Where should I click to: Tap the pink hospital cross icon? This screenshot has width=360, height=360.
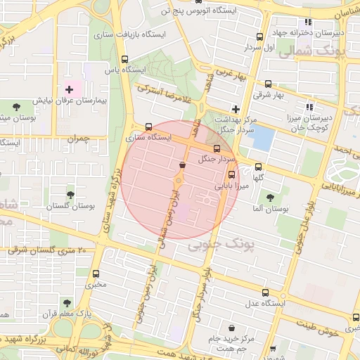(x=69, y=89)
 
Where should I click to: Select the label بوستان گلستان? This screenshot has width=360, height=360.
(x=70, y=207)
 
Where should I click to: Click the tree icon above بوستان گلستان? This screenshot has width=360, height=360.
(x=70, y=194)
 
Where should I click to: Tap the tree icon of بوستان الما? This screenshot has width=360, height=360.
(x=270, y=198)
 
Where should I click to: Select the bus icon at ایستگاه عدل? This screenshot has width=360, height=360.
(x=264, y=292)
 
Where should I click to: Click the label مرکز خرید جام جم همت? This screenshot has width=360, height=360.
(x=231, y=344)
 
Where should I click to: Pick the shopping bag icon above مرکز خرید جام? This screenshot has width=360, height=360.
(x=231, y=328)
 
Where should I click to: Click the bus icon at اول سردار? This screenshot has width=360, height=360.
(x=259, y=37)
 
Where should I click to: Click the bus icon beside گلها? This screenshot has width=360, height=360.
(x=258, y=167)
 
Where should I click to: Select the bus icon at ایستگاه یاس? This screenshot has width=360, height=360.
(x=124, y=60)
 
